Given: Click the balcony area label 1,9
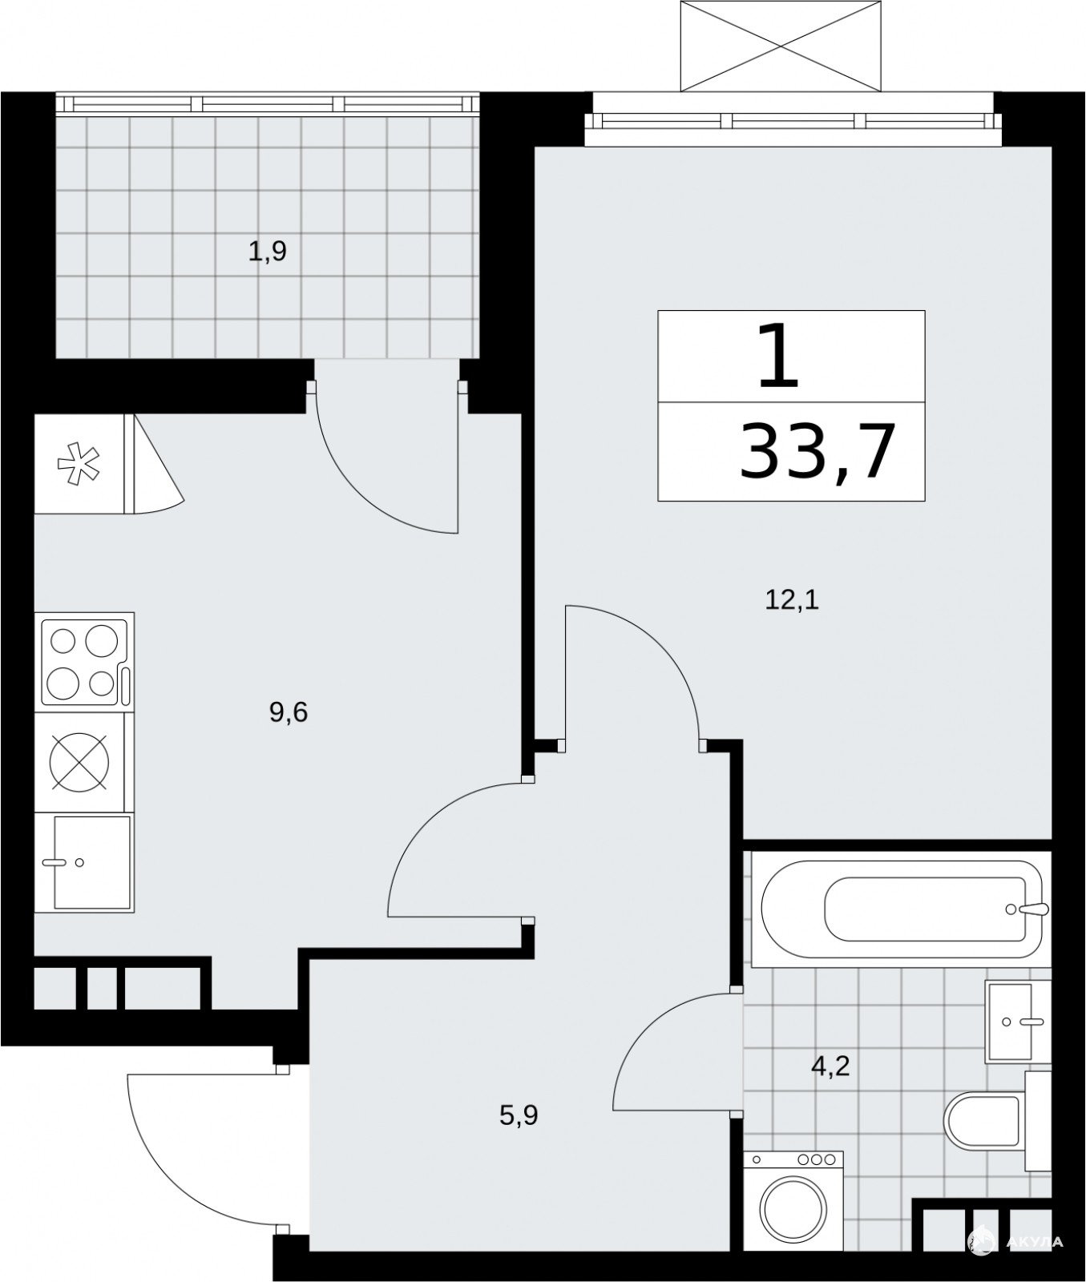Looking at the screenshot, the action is pyautogui.click(x=268, y=252).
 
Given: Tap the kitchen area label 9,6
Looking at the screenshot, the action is pyautogui.click(x=289, y=712).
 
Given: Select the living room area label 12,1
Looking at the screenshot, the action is pyautogui.click(x=793, y=599).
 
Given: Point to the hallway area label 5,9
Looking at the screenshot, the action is pyautogui.click(x=519, y=1115).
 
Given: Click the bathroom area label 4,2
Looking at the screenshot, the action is pyautogui.click(x=830, y=1066).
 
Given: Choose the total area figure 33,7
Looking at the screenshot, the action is pyautogui.click(x=815, y=452).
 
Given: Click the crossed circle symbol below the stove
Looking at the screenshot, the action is pyautogui.click(x=79, y=761).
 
